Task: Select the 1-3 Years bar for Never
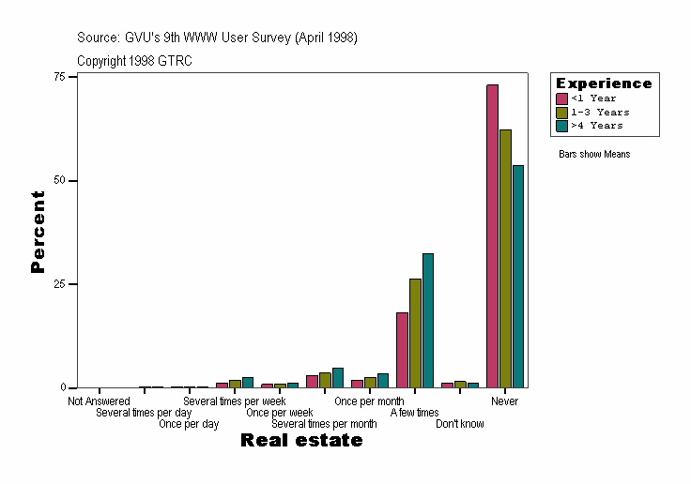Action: (x=505, y=259)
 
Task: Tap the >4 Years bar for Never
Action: (x=518, y=277)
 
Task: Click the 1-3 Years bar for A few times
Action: (x=415, y=333)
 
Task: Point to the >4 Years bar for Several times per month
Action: (x=338, y=378)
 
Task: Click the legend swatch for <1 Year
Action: (x=561, y=98)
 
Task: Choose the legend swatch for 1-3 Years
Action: (x=561, y=112)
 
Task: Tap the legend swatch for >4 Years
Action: (x=561, y=125)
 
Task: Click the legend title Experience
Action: (x=604, y=83)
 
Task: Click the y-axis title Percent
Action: (x=38, y=232)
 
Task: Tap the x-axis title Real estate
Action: (x=301, y=441)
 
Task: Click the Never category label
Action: (x=504, y=401)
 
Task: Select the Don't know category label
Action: (x=460, y=424)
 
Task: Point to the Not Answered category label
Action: (x=99, y=401)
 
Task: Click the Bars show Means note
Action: (x=594, y=154)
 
